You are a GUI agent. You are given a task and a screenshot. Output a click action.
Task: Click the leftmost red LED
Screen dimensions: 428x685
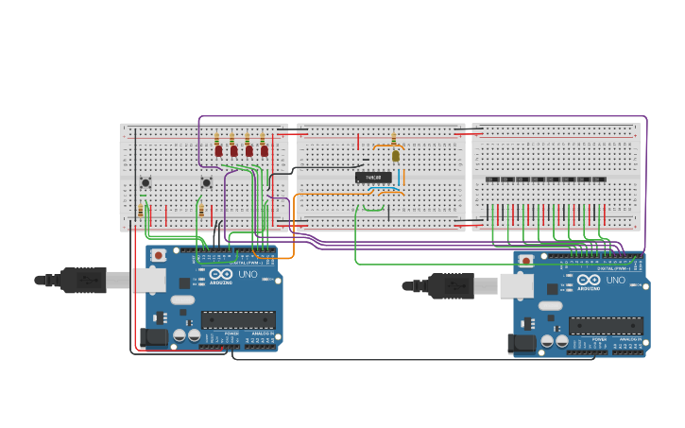pyautogui.click(x=218, y=149)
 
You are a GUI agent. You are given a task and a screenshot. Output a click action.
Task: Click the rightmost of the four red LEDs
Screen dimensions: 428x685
pyautogui.click(x=265, y=149)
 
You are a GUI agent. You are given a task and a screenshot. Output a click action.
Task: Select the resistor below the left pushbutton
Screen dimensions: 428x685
pyautogui.click(x=141, y=210)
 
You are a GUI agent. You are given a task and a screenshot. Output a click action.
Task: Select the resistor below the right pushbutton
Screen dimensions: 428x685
pyautogui.click(x=201, y=210)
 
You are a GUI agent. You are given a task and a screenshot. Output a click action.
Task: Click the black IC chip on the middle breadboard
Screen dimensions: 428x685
pyautogui.click(x=373, y=177)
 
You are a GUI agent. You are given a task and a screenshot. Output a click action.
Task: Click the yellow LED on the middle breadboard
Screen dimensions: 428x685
pyautogui.click(x=396, y=156)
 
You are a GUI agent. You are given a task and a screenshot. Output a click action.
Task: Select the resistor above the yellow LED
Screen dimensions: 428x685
pyautogui.click(x=394, y=139)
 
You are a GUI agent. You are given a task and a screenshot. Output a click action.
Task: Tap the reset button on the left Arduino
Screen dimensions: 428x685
pyautogui.click(x=159, y=255)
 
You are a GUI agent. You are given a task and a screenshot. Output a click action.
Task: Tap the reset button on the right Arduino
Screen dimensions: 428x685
pyautogui.click(x=526, y=261)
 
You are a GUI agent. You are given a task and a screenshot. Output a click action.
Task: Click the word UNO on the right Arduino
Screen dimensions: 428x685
pyautogui.click(x=615, y=280)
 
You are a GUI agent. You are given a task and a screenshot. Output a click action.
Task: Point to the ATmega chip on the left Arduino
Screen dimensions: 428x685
pyautogui.click(x=237, y=319)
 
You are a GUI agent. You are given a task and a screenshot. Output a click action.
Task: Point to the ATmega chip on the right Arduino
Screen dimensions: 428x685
pyautogui.click(x=605, y=325)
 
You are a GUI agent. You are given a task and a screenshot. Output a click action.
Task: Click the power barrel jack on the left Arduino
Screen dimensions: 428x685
pyautogui.click(x=153, y=336)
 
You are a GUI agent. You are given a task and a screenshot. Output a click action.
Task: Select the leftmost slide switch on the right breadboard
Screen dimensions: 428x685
pyautogui.click(x=490, y=180)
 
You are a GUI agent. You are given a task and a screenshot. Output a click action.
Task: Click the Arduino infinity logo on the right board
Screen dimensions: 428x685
pyautogui.click(x=588, y=280)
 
